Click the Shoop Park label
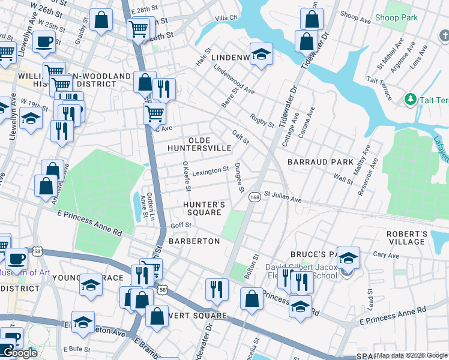[396, 17]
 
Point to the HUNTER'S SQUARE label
[204, 208]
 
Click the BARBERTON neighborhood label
[194, 241]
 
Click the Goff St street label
[181, 225]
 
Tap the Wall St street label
[343, 178]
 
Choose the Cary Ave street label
[386, 254]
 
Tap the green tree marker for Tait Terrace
[411, 98]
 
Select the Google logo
[20, 353]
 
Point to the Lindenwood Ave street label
[234, 83]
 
